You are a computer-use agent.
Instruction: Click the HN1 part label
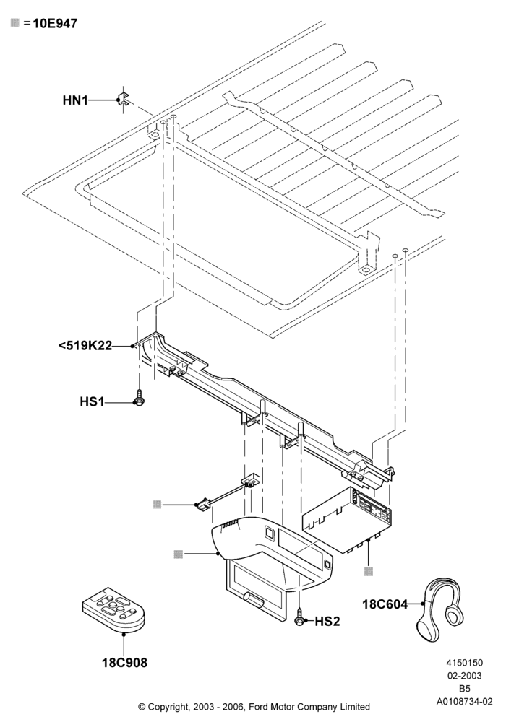75,100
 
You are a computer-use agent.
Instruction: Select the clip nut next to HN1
124,99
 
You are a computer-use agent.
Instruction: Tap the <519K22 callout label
85,345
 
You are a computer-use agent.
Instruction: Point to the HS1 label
93,402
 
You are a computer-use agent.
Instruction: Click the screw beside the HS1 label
139,397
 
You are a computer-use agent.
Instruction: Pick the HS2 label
327,622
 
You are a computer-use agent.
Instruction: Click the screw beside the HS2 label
299,617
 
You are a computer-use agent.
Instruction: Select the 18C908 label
124,663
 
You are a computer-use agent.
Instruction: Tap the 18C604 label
385,604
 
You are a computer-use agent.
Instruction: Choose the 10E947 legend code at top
55,23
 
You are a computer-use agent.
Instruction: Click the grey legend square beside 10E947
15,22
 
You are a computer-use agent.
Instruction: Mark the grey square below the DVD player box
369,571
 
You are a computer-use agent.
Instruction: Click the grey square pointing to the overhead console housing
179,554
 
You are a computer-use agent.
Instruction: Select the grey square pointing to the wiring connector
157,504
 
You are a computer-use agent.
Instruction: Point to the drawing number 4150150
464,663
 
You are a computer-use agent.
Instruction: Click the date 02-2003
464,676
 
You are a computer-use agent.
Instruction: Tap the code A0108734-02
464,702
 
